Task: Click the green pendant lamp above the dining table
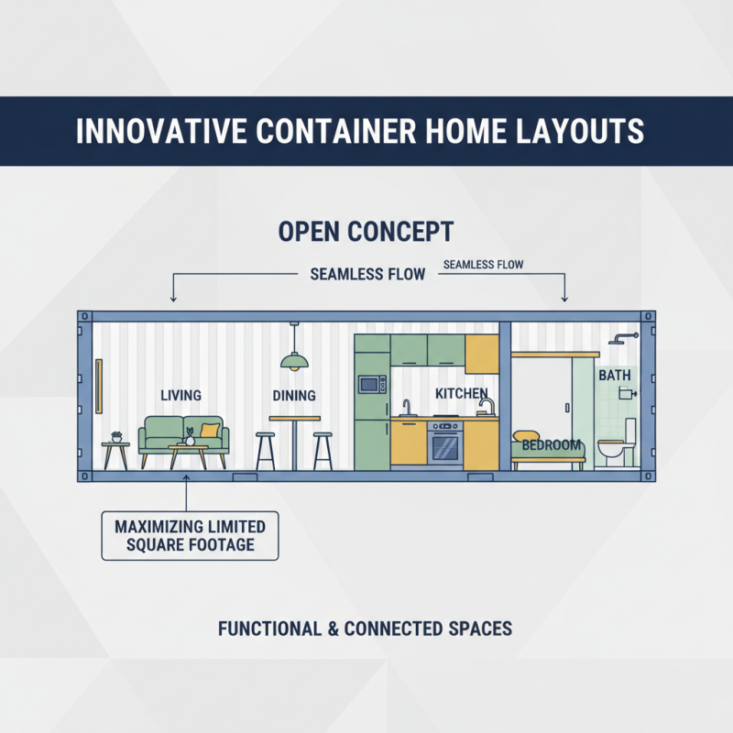tap(293, 362)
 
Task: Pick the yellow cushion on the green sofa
tap(211, 430)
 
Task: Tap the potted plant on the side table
tap(115, 437)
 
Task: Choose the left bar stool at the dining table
tap(266, 449)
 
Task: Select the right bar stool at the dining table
tap(323, 449)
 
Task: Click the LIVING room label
tap(181, 395)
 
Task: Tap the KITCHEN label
tap(461, 393)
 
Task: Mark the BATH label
tap(614, 376)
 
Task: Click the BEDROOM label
tap(552, 445)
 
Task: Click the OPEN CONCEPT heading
tap(366, 231)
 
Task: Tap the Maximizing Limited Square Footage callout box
tap(190, 536)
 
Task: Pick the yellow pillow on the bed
tap(525, 436)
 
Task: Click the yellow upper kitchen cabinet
tap(481, 353)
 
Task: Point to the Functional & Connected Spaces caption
tap(365, 629)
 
